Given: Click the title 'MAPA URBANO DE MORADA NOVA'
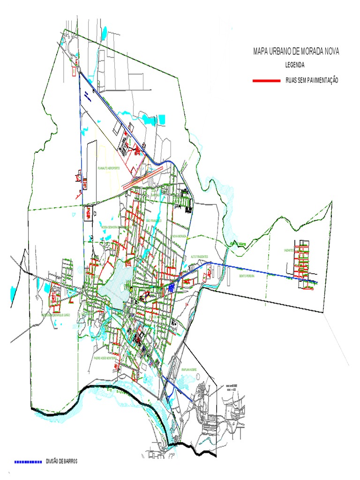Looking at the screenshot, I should [296, 52].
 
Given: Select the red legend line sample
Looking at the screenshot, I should [266, 81].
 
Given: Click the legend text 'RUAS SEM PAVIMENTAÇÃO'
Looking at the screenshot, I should [311, 81].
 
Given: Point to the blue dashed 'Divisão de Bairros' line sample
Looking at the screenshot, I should [28, 462].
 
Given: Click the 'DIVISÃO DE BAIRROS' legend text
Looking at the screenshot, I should [61, 462].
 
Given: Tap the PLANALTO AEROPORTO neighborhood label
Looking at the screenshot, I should [108, 168].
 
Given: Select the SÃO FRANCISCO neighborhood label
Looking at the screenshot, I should [153, 220].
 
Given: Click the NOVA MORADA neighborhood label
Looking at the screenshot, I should [180, 236].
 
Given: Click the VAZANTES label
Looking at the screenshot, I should [289, 251].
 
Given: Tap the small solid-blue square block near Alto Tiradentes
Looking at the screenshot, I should [172, 286].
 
